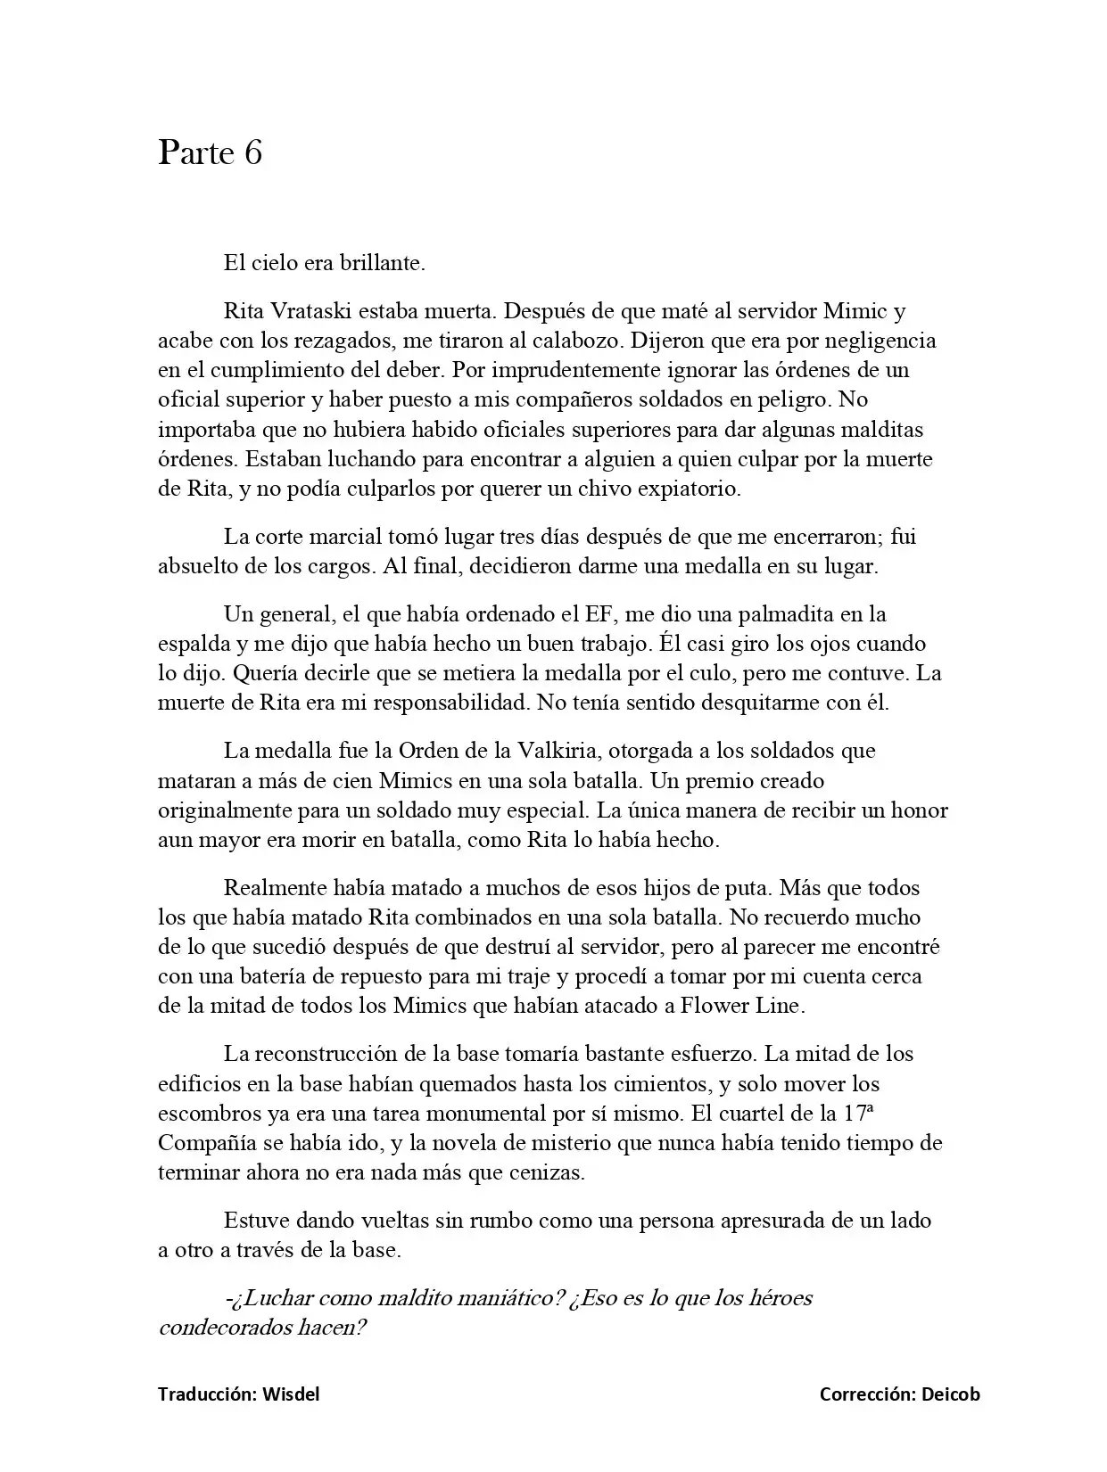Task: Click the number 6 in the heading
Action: pos(252,152)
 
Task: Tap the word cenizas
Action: pos(545,1172)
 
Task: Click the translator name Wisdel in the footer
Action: pos(291,1394)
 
